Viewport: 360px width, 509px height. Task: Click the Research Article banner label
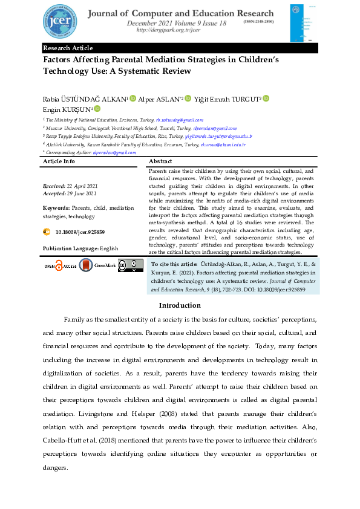coord(68,48)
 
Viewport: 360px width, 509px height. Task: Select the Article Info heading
coord(59,162)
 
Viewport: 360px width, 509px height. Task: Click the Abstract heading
coord(160,162)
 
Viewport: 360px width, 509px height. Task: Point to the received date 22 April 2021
coord(82,186)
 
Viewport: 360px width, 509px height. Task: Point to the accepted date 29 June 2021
coord(82,193)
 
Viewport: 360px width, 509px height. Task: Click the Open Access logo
coord(59,265)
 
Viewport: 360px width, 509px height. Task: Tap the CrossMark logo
coord(97,265)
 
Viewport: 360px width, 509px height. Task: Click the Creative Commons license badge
coord(130,265)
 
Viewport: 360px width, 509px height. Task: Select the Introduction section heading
coord(180,305)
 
